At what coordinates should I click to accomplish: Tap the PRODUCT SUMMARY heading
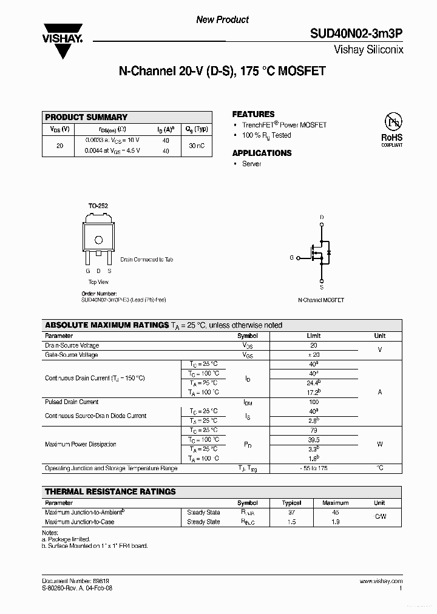(x=86, y=117)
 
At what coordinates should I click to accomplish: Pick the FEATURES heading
(x=253, y=114)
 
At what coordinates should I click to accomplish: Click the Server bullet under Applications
(x=251, y=164)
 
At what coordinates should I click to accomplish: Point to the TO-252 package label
(x=98, y=206)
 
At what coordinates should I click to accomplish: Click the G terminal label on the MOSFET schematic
(x=291, y=258)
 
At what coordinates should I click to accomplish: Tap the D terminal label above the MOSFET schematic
(x=322, y=217)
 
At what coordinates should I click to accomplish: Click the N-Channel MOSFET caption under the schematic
(x=321, y=300)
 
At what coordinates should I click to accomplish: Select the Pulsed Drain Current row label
(x=72, y=402)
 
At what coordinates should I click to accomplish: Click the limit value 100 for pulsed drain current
(x=314, y=402)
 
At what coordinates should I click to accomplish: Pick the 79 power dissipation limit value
(x=314, y=430)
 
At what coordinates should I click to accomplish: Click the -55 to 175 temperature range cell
(x=314, y=468)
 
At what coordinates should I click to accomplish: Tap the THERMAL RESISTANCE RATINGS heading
(x=110, y=491)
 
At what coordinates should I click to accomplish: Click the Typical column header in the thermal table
(x=292, y=503)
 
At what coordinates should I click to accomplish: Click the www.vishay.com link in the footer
(x=381, y=581)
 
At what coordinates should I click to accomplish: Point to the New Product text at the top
(x=222, y=20)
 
